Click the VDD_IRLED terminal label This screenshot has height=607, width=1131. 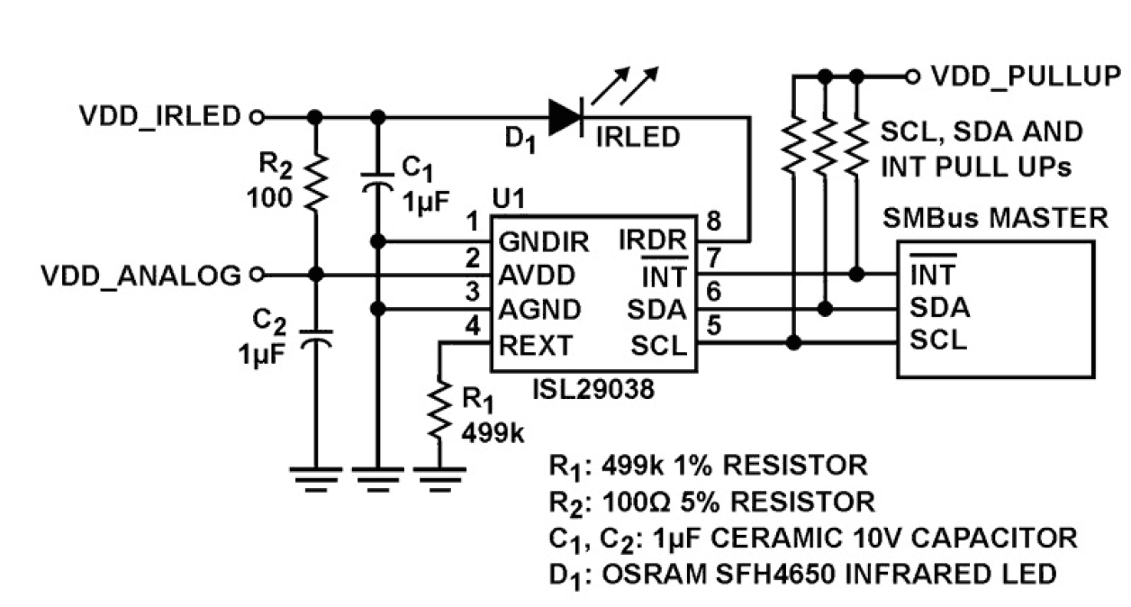coord(159,116)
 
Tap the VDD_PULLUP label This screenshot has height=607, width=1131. coord(1025,76)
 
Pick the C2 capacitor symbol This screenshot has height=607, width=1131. coord(314,340)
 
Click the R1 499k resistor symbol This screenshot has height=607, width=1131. coord(439,410)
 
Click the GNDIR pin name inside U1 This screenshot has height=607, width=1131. coord(543,241)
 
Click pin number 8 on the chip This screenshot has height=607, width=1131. coord(714,222)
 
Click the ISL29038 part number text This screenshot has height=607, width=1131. coord(592,390)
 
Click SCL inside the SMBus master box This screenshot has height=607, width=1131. coord(937,340)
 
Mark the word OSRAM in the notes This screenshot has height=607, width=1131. coord(643,573)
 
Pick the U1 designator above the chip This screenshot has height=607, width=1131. coord(508,198)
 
